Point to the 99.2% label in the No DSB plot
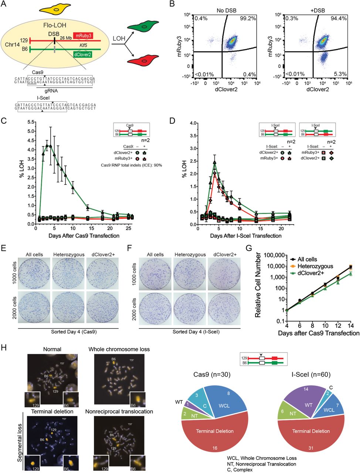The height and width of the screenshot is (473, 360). pos(248,18)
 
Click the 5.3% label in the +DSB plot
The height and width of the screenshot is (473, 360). pos(340,74)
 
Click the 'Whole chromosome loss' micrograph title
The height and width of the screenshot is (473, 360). pos(119,349)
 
